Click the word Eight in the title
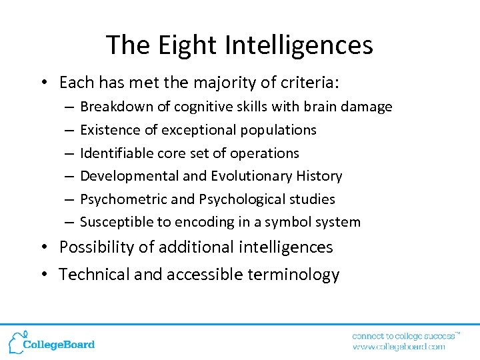tap(179, 45)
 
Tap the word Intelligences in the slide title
tap(299, 45)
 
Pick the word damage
tap(370, 107)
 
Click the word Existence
tap(105, 130)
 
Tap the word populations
tap(277, 130)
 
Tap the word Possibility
tap(97, 247)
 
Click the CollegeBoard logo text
tap(59, 345)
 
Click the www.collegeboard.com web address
tap(398, 347)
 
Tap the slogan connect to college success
tap(403, 335)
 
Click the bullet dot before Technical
tap(43, 275)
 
